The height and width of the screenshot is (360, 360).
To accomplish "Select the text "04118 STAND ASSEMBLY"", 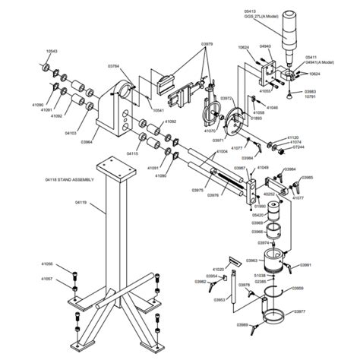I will pyautogui.click(x=71, y=180).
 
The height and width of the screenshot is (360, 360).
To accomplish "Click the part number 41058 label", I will pyautogui.click(x=47, y=264).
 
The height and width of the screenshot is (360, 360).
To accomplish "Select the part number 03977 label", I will pyautogui.click(x=298, y=311).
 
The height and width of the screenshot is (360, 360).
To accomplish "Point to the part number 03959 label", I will pyautogui.click(x=298, y=289).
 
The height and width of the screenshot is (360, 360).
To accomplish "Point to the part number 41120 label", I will pyautogui.click(x=295, y=137).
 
